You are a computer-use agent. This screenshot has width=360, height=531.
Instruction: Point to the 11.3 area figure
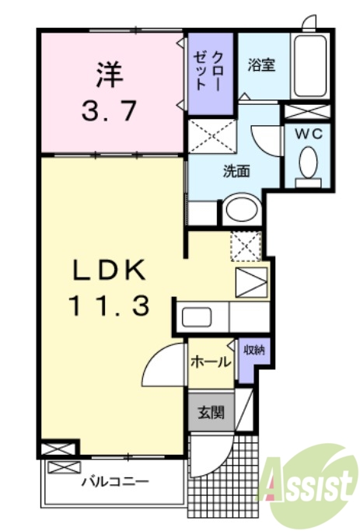click(x=109, y=306)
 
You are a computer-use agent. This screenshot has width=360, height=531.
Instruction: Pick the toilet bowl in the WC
click(x=309, y=164)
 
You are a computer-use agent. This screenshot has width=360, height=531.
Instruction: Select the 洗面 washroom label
click(x=236, y=172)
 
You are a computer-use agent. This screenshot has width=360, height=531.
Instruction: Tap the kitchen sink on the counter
click(x=195, y=317)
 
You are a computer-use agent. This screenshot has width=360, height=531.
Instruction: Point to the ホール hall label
click(x=209, y=362)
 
